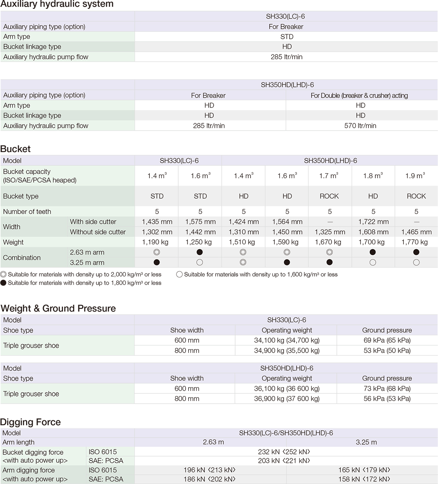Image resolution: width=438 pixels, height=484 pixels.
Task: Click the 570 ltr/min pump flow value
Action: (x=360, y=126)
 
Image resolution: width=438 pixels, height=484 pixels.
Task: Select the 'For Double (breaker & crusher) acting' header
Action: (x=359, y=95)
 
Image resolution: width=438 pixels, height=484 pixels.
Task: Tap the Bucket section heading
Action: (x=15, y=149)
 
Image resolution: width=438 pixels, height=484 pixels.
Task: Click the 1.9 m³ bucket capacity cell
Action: (x=415, y=176)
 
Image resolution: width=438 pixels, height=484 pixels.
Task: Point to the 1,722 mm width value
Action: (x=373, y=222)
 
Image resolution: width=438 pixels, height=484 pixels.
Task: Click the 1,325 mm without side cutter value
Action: (x=330, y=232)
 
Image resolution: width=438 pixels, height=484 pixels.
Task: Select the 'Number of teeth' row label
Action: (x=27, y=212)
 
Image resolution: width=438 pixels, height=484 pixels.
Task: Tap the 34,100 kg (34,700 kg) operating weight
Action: (x=287, y=340)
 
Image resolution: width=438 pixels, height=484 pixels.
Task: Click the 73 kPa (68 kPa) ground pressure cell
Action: (x=387, y=388)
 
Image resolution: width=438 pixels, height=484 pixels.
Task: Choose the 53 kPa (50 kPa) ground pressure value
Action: (x=387, y=350)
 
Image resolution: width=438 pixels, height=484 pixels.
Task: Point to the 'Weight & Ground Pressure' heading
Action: (x=58, y=308)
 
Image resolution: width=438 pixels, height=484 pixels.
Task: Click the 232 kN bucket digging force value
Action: (x=284, y=452)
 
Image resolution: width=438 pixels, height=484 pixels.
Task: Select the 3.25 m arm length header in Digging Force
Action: (x=366, y=442)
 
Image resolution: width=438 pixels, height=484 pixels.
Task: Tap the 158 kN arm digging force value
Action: (x=364, y=479)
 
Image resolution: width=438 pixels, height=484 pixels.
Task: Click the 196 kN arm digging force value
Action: (x=209, y=470)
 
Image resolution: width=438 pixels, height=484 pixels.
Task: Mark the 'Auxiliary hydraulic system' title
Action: (x=57, y=4)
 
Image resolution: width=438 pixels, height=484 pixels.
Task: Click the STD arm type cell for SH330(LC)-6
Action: (x=287, y=37)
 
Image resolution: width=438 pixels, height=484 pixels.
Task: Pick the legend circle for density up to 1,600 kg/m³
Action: (x=179, y=275)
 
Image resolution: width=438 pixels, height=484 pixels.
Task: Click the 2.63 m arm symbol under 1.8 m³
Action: (x=373, y=252)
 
